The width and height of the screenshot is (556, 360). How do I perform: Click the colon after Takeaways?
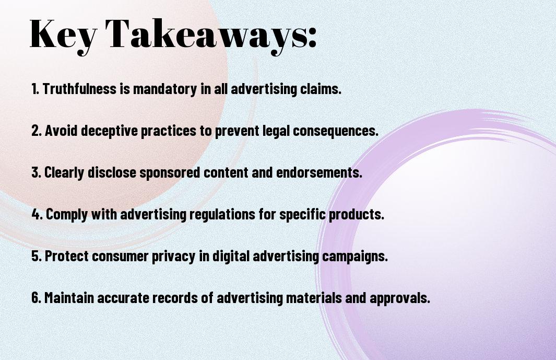(x=312, y=37)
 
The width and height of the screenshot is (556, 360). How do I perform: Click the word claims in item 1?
(x=321, y=89)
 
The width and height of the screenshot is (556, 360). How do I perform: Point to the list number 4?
(x=36, y=214)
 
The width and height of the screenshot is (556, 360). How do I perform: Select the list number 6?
(x=36, y=297)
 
